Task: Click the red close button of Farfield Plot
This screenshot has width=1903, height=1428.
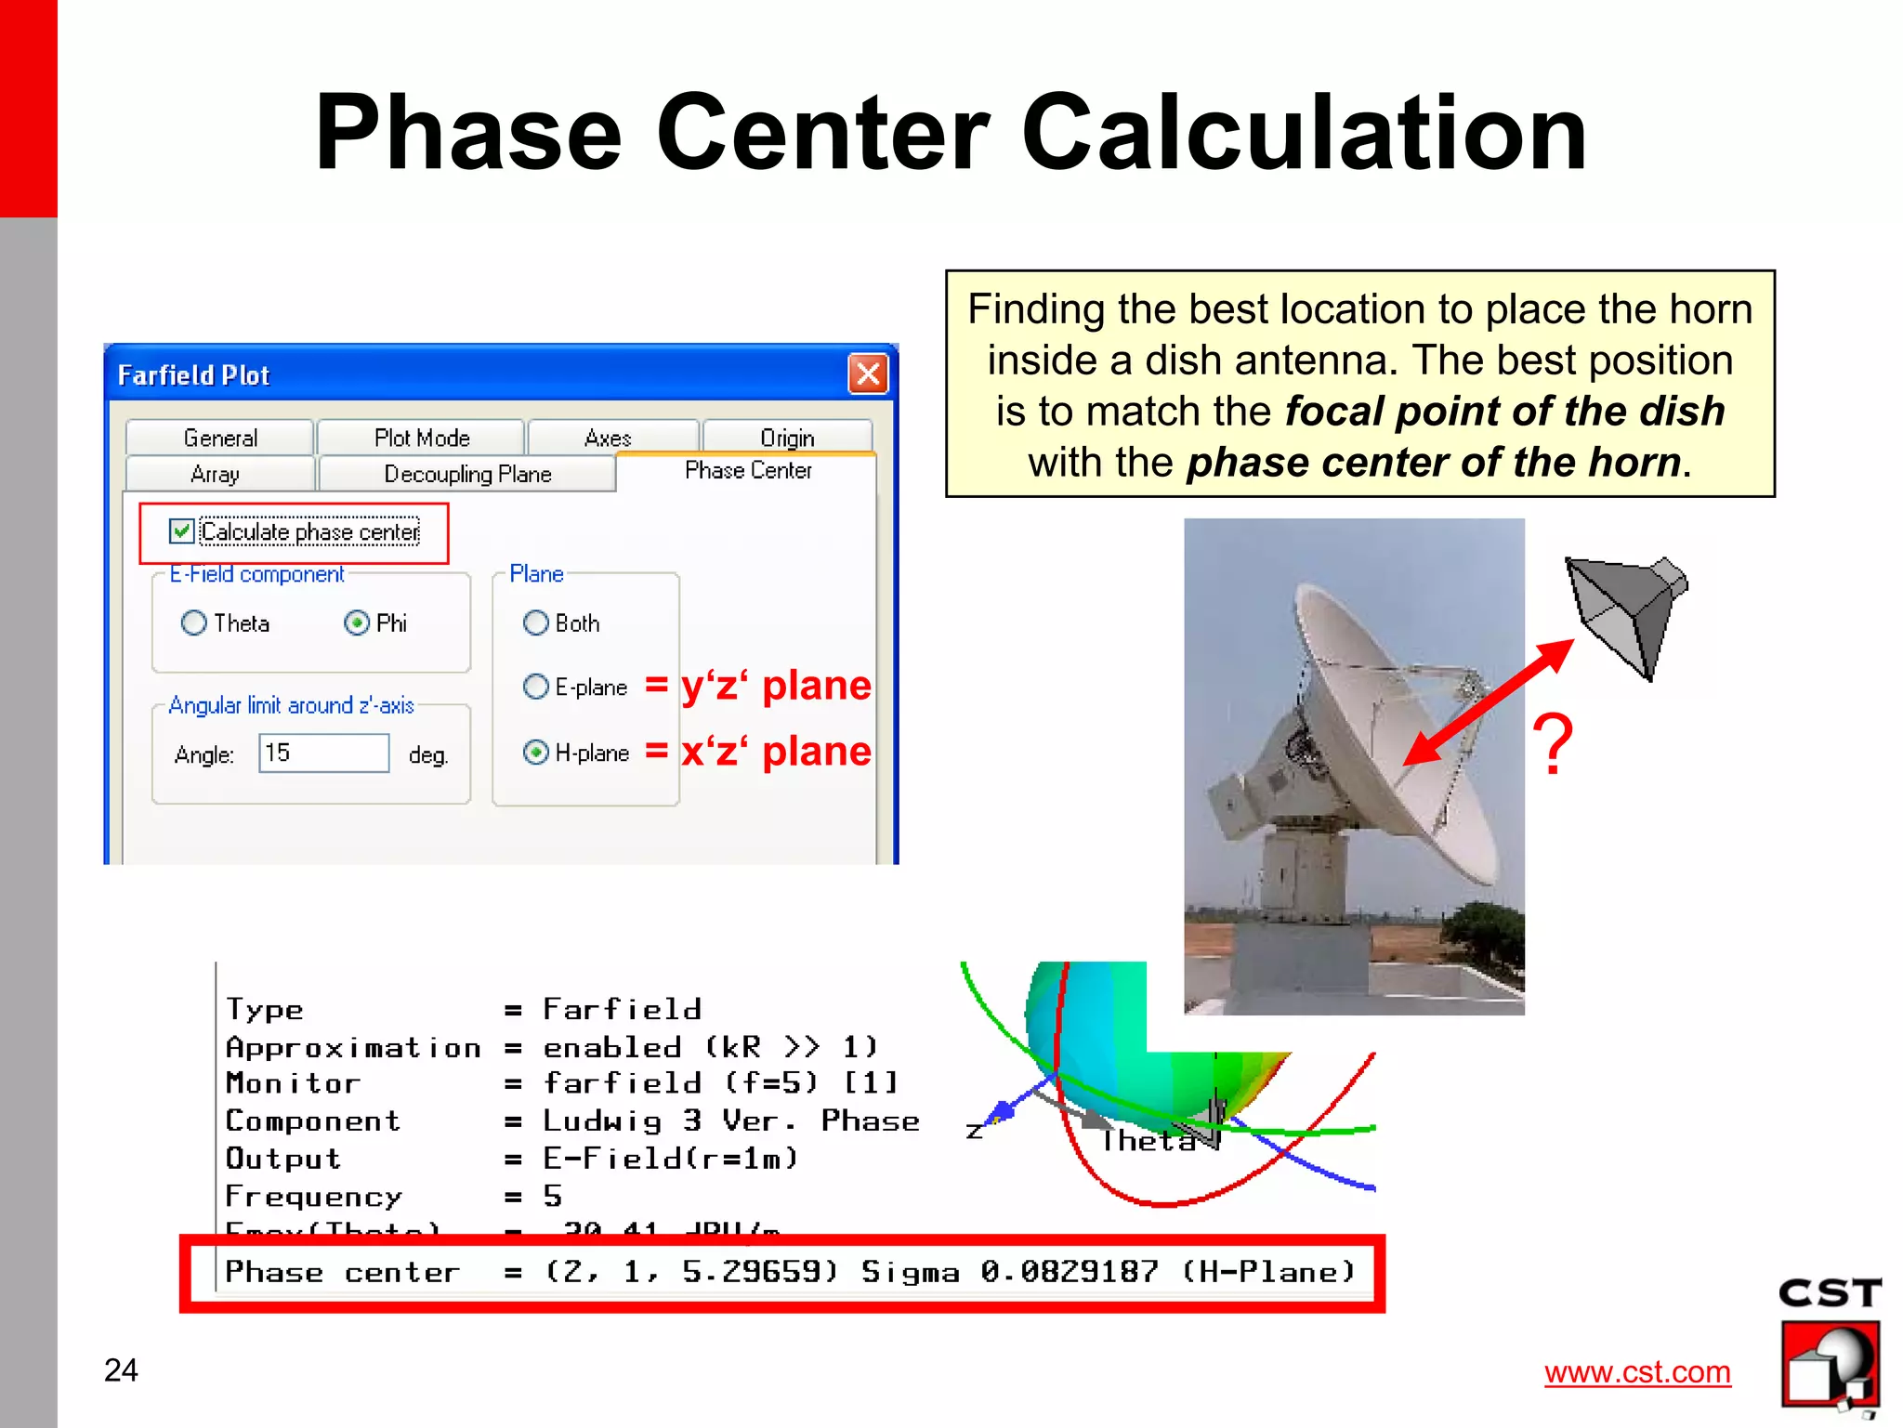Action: pos(868,374)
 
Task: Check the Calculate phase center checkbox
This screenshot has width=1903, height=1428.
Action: pos(182,531)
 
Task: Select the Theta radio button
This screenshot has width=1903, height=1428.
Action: pos(194,622)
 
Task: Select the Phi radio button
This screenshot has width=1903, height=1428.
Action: pos(357,622)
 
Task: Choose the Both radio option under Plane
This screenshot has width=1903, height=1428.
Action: pos(536,622)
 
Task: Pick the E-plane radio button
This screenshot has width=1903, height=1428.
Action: pos(536,687)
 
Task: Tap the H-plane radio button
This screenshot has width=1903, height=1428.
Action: pos(536,752)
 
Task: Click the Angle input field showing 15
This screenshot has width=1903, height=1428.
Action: pos(323,753)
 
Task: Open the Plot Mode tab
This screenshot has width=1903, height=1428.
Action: pos(422,438)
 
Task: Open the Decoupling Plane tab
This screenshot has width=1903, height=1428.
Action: pos(467,474)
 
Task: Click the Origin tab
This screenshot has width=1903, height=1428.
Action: pos(787,438)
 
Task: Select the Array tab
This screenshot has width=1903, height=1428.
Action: pos(216,474)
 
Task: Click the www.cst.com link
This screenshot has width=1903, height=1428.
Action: pos(1637,1372)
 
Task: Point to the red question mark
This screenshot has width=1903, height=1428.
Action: pos(1553,743)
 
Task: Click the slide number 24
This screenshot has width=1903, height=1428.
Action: pos(121,1370)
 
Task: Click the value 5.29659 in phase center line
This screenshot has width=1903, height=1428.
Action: pos(760,1271)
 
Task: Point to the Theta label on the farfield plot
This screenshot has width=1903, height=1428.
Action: pos(1148,1140)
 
